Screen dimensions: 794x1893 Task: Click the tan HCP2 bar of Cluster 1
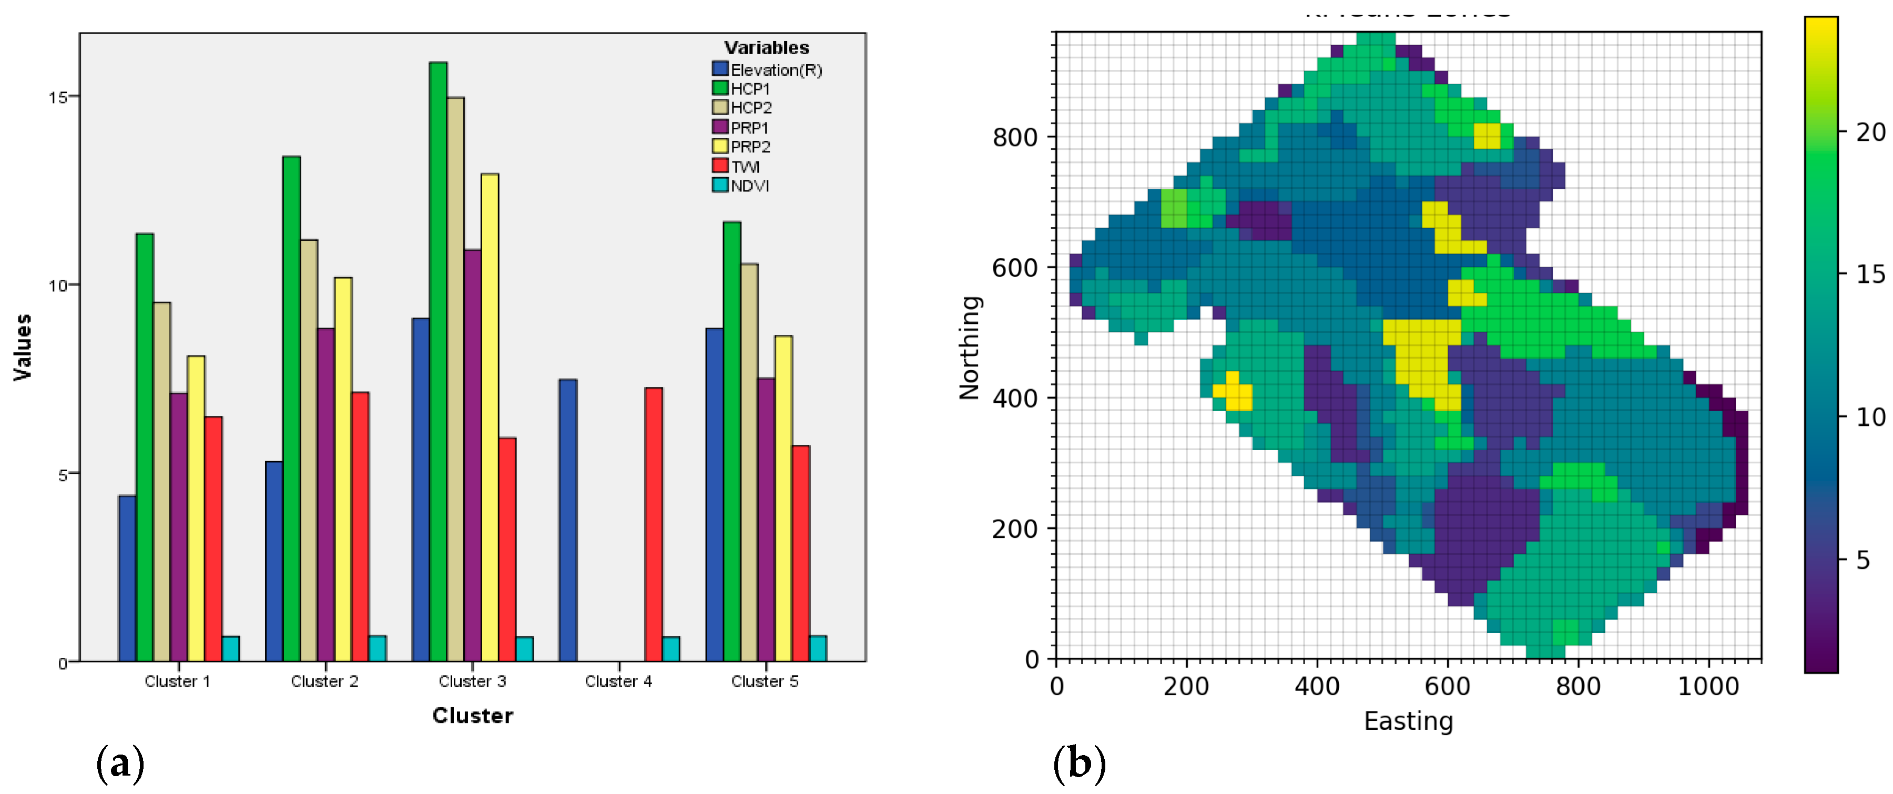coord(161,482)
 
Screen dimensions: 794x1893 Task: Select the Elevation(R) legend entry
coord(775,70)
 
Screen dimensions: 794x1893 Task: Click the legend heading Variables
coord(767,48)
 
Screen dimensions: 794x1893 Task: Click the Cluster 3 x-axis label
coord(472,681)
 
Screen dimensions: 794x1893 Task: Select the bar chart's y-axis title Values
coord(23,347)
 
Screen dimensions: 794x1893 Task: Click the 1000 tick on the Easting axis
coord(1708,687)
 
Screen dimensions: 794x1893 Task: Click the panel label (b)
coord(1079,764)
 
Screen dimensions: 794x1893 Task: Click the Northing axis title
coord(970,347)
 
